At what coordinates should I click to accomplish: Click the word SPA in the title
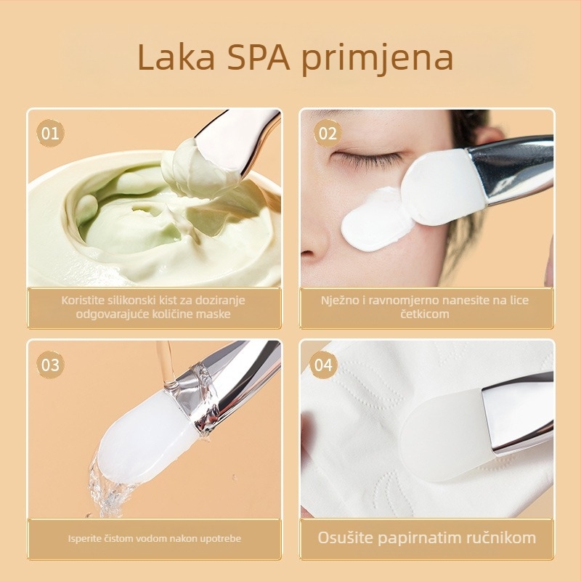click(x=259, y=57)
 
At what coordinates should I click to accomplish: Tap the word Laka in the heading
click(x=176, y=57)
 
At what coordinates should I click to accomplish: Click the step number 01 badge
click(x=50, y=134)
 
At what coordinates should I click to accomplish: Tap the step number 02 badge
click(x=328, y=134)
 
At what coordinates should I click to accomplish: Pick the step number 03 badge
click(x=50, y=365)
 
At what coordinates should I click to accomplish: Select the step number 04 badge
click(x=323, y=365)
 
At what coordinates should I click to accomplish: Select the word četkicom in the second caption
click(x=425, y=314)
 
